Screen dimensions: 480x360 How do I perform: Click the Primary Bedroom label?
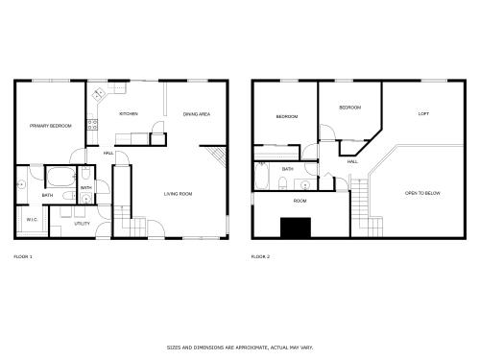[51, 126]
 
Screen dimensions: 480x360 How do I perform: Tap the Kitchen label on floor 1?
[129, 114]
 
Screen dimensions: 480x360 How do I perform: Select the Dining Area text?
[197, 114]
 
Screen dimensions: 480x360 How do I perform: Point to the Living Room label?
[178, 194]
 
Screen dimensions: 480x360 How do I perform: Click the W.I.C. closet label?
[32, 220]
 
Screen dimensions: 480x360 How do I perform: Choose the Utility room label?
[82, 224]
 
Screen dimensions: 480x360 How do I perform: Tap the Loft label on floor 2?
[423, 114]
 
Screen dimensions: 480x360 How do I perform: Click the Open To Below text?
[422, 193]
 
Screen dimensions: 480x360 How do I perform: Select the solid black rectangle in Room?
[296, 228]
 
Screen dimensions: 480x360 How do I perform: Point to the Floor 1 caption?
[23, 256]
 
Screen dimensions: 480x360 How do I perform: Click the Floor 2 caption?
[260, 256]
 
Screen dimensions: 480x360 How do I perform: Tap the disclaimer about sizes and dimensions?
[240, 348]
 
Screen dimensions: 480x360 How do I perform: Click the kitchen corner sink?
[99, 94]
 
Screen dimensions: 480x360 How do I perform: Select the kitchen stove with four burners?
[92, 125]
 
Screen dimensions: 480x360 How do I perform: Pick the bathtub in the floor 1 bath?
[60, 177]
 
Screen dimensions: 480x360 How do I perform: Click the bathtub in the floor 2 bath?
[262, 176]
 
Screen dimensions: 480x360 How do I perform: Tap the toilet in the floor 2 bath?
[282, 183]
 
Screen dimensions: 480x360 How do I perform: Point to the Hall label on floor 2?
[352, 162]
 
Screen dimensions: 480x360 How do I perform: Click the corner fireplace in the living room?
[217, 156]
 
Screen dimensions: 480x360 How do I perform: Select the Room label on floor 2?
[300, 201]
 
